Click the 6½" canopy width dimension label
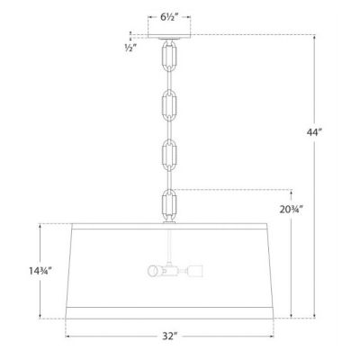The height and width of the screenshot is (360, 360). (x=168, y=16)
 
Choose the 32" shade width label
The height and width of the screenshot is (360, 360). (x=168, y=339)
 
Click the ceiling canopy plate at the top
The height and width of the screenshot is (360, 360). (x=168, y=38)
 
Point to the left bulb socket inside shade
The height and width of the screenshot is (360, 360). (x=154, y=269)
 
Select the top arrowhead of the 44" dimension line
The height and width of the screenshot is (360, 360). (x=316, y=37)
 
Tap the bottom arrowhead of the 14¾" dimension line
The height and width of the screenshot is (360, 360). (x=40, y=316)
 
